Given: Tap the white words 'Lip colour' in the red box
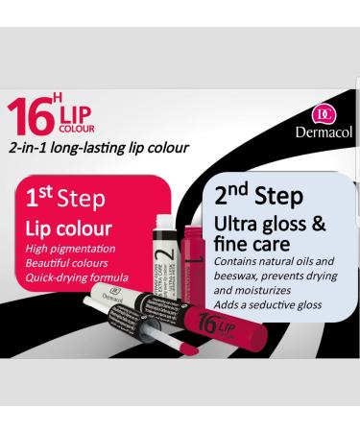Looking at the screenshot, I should coord(69,228).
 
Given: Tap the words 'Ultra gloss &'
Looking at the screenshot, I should coord(271,224).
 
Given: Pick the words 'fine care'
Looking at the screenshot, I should coord(248,245).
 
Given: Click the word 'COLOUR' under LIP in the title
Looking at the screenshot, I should coord(78,128).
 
